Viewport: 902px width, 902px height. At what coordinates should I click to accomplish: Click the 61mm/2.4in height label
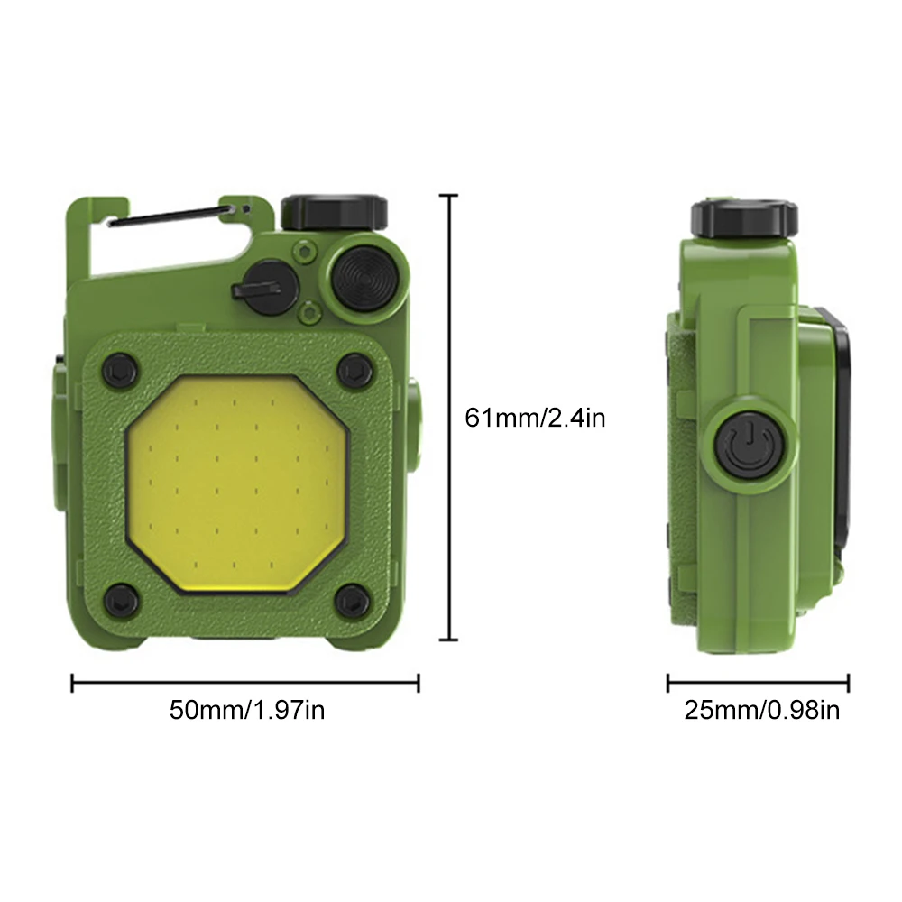point(535,418)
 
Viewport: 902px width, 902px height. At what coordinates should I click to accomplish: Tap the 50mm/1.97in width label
point(247,710)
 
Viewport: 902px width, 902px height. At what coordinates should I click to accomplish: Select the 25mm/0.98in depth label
point(762,710)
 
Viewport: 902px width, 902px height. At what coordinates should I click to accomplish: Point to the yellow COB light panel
point(236,482)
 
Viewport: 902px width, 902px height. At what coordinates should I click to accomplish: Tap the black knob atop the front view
point(335,211)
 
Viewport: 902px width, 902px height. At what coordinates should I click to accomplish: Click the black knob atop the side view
point(744,217)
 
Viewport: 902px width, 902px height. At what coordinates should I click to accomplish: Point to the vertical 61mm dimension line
point(450,418)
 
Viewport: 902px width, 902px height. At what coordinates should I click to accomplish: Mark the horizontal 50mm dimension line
point(245,683)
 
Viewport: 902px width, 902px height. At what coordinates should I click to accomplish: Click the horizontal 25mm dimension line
point(758,683)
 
